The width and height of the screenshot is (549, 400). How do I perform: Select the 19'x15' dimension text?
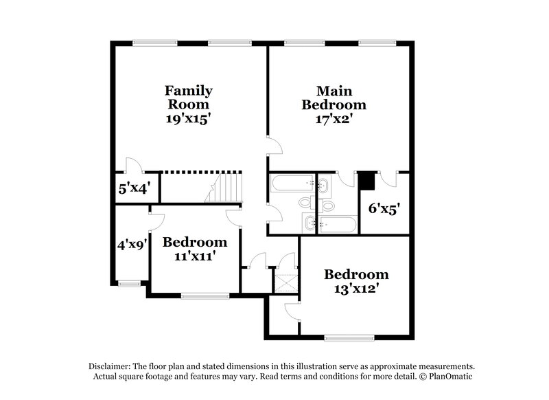point(188,119)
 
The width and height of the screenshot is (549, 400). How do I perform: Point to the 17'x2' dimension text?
point(334,119)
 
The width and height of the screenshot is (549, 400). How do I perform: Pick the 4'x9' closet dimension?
point(130,244)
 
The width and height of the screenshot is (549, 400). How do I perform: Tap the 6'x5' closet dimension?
point(384,208)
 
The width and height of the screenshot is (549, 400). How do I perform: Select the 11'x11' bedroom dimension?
point(194,256)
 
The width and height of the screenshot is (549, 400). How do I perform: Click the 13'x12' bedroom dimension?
point(351,289)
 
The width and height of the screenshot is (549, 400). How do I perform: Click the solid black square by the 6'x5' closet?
point(367,180)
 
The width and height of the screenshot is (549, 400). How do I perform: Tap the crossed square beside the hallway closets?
point(283,282)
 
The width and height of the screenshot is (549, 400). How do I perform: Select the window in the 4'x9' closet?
point(130,282)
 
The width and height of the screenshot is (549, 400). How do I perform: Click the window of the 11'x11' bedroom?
point(205,296)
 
